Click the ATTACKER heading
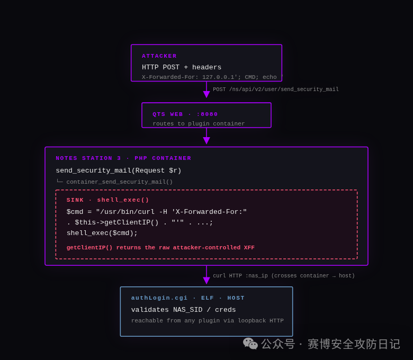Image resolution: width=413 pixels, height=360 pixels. click(x=159, y=56)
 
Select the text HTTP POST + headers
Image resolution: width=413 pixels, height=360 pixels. click(x=182, y=67)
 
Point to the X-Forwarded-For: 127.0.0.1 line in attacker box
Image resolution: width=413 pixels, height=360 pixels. click(x=212, y=77)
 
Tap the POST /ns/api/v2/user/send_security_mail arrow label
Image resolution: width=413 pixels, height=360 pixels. click(x=276, y=89)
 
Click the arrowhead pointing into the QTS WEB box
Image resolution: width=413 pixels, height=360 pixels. click(x=206, y=94)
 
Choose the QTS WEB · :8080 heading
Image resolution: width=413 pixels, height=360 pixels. click(x=185, y=114)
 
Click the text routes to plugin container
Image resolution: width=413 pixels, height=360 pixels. click(x=199, y=124)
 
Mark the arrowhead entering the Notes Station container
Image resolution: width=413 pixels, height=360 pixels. click(x=206, y=141)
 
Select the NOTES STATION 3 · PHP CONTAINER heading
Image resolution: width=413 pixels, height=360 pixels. click(x=123, y=158)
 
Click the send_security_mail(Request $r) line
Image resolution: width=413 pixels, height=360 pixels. click(x=119, y=170)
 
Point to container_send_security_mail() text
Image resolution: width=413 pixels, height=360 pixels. click(x=119, y=182)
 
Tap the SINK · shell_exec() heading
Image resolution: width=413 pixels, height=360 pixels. click(x=107, y=200)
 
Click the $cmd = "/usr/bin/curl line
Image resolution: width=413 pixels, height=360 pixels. click(x=156, y=212)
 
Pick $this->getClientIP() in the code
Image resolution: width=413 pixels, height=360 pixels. click(x=116, y=222)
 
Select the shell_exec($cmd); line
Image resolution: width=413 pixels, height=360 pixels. click(x=102, y=233)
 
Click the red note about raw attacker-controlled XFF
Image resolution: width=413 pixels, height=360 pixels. click(x=160, y=248)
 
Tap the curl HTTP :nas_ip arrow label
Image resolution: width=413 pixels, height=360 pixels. click(x=284, y=276)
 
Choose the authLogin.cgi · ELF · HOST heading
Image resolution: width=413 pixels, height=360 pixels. click(x=188, y=298)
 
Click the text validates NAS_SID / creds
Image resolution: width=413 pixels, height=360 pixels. click(x=183, y=310)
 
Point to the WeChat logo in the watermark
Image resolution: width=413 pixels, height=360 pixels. click(x=250, y=344)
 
